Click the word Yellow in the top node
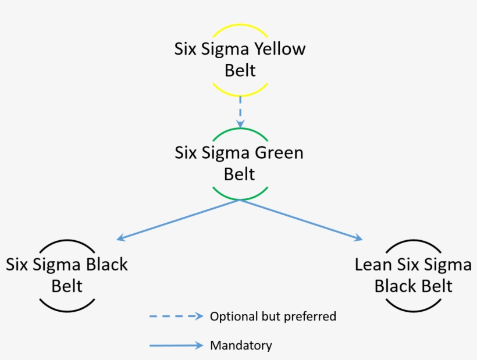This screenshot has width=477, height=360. [x=279, y=49]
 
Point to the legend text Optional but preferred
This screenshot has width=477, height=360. [x=273, y=316]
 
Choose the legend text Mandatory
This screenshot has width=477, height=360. [x=241, y=345]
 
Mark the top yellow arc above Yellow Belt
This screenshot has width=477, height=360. [x=240, y=25]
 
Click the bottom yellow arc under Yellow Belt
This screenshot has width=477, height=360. [x=240, y=94]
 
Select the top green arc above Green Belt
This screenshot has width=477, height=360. [x=240, y=129]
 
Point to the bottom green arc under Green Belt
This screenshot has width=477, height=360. [x=240, y=198]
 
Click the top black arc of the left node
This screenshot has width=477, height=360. [x=67, y=241]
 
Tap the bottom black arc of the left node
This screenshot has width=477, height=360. [x=67, y=309]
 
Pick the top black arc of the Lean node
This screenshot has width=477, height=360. [x=413, y=241]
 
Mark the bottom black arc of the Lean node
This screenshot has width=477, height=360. [x=413, y=309]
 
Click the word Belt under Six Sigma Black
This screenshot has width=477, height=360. [x=67, y=286]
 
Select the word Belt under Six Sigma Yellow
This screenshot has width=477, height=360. [x=240, y=70]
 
